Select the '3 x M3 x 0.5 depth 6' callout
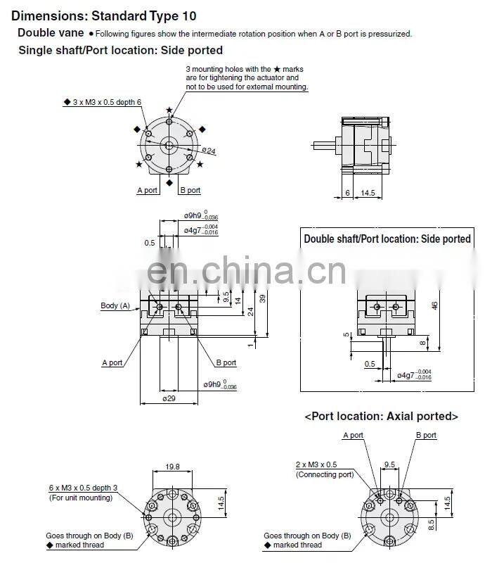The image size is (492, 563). (x=106, y=102)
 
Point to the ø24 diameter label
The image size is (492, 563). (x=209, y=150)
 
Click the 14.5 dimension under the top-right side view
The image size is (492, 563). (x=367, y=192)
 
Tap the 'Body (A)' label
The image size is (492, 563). (x=115, y=305)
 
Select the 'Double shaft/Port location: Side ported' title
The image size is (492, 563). (x=387, y=239)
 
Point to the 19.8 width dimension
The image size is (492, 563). (x=173, y=467)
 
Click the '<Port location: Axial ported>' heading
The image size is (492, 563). (x=381, y=417)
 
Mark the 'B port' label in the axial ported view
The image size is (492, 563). (x=425, y=435)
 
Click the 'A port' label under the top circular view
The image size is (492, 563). (x=147, y=190)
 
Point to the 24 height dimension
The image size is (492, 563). (x=251, y=312)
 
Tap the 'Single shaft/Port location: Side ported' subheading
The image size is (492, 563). (x=120, y=50)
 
